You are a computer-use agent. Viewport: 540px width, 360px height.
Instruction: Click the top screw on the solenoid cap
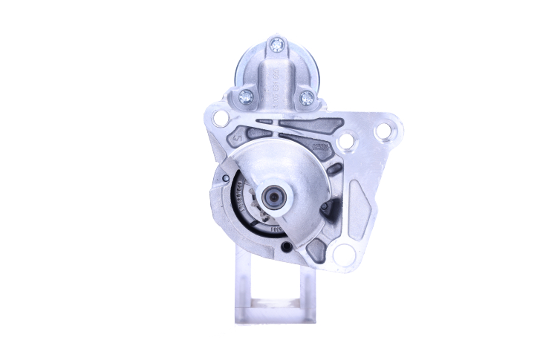click(278, 45)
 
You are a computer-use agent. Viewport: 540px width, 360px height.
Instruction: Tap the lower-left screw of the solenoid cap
click(246, 95)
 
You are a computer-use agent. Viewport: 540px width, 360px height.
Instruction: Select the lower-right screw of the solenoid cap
click(307, 96)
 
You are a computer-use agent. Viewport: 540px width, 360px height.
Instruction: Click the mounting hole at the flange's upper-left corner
click(221, 118)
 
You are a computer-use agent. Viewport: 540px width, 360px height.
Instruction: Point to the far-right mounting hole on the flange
click(383, 131)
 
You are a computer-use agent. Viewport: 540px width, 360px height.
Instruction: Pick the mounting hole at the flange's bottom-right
click(343, 254)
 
